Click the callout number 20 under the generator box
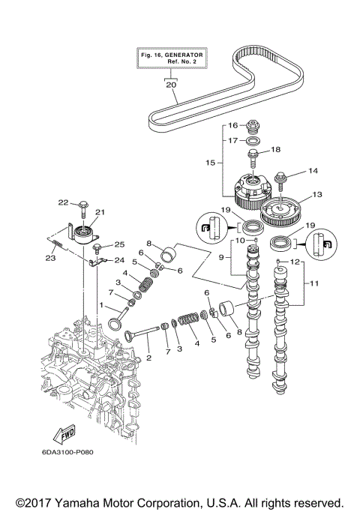click(x=170, y=85)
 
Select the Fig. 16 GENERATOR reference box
click(x=172, y=59)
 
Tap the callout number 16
click(x=233, y=125)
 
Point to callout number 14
click(x=292, y=171)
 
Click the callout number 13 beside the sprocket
click(x=316, y=194)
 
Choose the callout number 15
click(x=210, y=161)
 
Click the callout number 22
click(x=64, y=202)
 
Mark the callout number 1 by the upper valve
click(x=103, y=307)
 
